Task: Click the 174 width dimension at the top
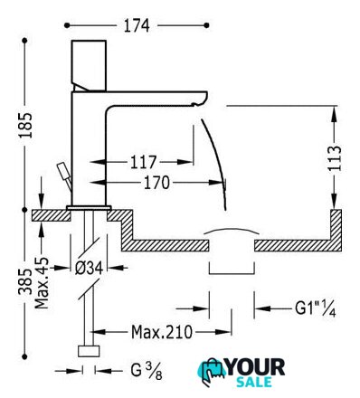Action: click(137, 26)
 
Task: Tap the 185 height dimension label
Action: click(25, 125)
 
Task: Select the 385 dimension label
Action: click(25, 281)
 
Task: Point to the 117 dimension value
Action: click(143, 162)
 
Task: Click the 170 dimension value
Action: click(156, 183)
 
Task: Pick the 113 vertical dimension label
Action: click(335, 158)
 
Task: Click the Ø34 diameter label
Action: click(89, 268)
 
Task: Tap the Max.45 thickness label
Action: click(42, 283)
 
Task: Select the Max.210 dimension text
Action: click(162, 332)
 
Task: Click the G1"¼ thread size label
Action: click(315, 308)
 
